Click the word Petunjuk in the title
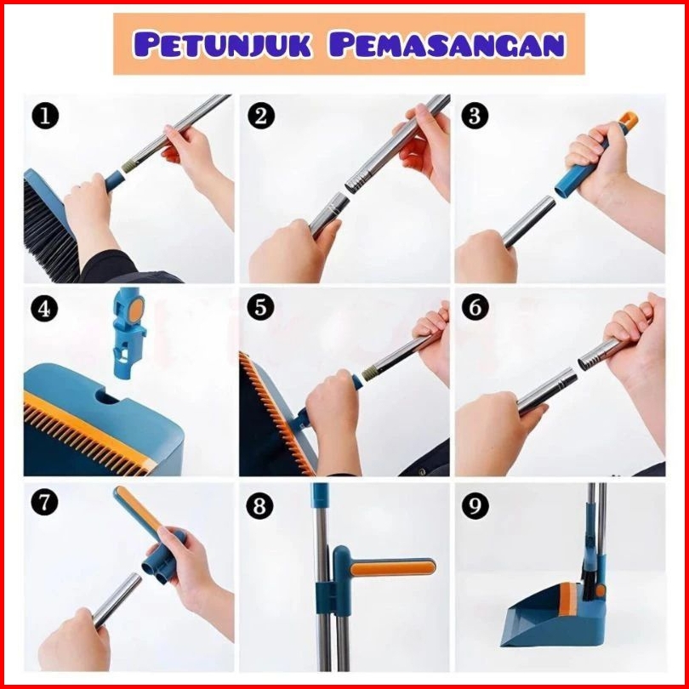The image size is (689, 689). [222, 44]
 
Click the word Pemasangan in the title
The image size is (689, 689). [447, 44]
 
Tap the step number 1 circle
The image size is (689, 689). [45, 116]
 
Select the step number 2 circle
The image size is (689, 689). [261, 116]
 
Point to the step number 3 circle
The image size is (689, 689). [475, 116]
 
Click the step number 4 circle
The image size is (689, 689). [44, 309]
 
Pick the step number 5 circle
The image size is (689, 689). [260, 307]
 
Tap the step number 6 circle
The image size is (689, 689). [475, 307]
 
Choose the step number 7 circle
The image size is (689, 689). [44, 502]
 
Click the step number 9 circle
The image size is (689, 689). [475, 505]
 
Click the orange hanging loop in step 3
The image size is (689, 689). [629, 120]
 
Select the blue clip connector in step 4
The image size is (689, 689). [128, 333]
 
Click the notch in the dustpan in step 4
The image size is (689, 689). [107, 396]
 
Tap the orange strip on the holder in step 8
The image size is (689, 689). [392, 567]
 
